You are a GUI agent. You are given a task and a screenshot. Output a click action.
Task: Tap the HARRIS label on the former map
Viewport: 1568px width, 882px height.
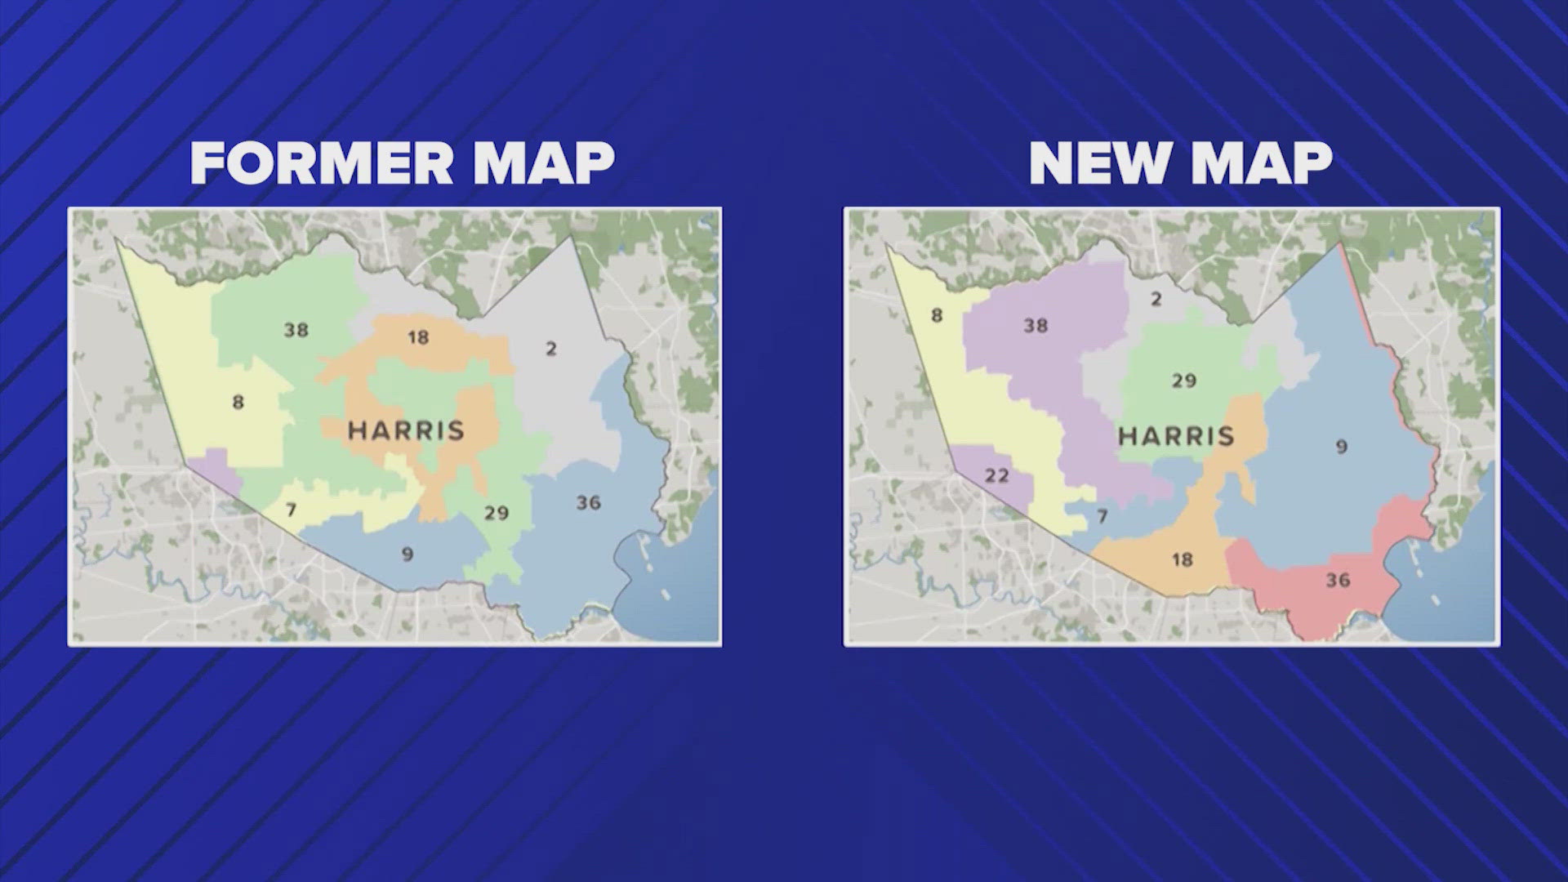tap(406, 430)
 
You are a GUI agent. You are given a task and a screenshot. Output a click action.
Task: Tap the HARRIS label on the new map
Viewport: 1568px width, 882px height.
tap(1176, 436)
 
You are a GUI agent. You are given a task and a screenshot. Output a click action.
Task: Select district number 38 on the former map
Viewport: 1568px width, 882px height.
tap(296, 330)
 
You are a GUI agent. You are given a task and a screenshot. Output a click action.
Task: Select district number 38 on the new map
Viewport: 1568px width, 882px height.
tap(1036, 326)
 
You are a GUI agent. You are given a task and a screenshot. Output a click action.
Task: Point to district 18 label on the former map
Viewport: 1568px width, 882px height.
tap(418, 336)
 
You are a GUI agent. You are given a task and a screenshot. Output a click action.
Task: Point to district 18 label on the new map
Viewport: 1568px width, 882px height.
tap(1182, 560)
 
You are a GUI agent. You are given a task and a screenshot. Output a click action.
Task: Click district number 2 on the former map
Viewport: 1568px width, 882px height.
tap(551, 349)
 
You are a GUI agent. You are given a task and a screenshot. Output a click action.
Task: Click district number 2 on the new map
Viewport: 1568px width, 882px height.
tap(1156, 299)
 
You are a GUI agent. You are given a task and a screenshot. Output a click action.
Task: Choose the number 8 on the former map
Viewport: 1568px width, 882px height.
tap(238, 402)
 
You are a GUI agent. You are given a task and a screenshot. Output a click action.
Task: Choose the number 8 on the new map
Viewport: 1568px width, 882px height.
tap(937, 315)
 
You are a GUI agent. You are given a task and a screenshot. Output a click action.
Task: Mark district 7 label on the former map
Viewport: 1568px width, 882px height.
tap(291, 510)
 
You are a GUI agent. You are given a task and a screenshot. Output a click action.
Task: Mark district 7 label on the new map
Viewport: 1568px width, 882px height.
tap(1102, 516)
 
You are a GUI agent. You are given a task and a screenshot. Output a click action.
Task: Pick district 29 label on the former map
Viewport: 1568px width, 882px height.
tap(497, 513)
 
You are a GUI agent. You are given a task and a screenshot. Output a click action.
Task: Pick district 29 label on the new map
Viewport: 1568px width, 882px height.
tap(1183, 381)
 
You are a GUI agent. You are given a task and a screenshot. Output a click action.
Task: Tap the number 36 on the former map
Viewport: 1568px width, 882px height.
tap(588, 503)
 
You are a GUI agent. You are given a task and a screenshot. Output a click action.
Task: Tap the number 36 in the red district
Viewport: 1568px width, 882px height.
tap(1338, 580)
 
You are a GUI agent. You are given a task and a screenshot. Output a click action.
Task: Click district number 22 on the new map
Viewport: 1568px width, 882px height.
tap(996, 475)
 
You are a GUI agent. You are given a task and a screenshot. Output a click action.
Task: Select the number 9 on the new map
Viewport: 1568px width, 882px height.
tap(1341, 447)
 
